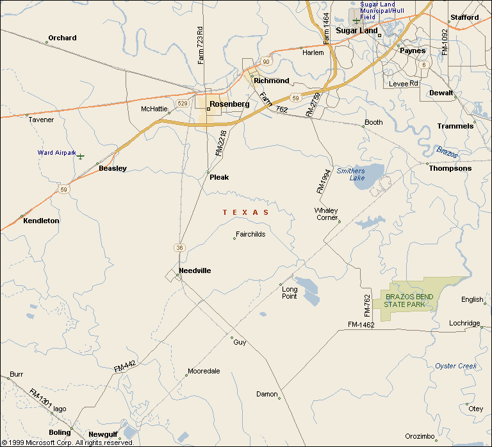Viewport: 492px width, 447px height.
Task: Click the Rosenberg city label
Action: click(229, 104)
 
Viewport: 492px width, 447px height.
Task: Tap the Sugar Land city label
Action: click(357, 30)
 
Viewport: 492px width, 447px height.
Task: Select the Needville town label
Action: click(195, 271)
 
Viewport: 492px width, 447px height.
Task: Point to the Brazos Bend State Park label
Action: click(407, 300)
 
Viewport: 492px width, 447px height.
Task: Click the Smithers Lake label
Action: click(350, 174)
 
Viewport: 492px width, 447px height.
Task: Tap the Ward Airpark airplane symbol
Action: click(81, 155)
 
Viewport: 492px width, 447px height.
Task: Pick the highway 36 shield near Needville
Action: click(179, 247)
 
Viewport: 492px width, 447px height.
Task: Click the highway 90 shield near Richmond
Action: click(265, 61)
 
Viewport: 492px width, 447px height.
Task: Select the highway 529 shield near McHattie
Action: click(183, 104)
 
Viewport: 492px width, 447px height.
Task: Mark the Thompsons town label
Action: click(450, 168)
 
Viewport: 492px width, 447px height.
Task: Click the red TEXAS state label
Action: click(245, 212)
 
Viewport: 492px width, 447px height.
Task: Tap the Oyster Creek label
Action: click(456, 366)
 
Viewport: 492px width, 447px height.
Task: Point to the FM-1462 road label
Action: click(361, 325)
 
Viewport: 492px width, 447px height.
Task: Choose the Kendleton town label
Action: click(41, 221)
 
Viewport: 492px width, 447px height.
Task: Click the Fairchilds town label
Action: click(250, 234)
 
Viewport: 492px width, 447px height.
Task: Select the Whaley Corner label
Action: click(326, 214)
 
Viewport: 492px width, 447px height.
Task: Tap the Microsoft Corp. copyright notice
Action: click(67, 442)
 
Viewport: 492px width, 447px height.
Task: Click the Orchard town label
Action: click(62, 38)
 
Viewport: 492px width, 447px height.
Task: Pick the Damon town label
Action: click(266, 394)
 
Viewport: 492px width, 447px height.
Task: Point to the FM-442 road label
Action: click(126, 366)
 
